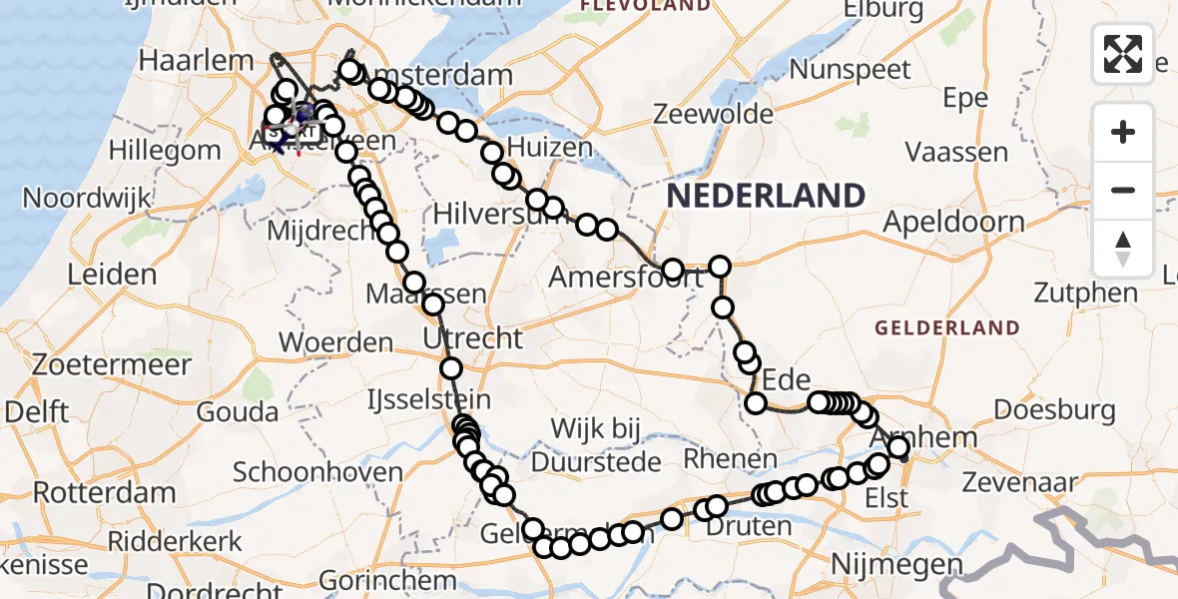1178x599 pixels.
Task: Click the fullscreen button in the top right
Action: (x=1123, y=54)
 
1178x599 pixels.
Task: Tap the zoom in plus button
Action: (x=1123, y=133)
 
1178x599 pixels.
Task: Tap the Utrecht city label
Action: (x=472, y=338)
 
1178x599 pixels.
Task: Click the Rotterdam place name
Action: (x=105, y=492)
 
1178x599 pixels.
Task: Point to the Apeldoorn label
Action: (x=953, y=221)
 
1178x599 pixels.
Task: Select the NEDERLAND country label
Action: (x=765, y=196)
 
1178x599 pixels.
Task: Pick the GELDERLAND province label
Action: (x=947, y=328)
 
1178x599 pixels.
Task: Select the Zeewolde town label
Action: (x=703, y=113)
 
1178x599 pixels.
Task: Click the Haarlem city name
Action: (x=196, y=60)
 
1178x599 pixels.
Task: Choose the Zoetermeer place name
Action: (x=111, y=364)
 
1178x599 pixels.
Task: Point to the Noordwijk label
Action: (x=86, y=198)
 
